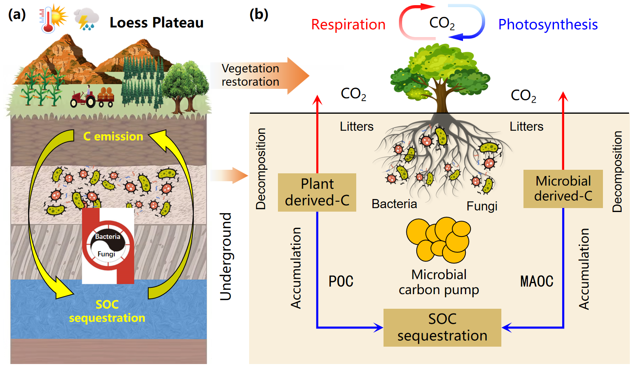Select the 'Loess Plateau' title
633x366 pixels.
coord(157,23)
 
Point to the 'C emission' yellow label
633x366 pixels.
coord(113,136)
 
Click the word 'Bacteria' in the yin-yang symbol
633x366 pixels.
coord(108,236)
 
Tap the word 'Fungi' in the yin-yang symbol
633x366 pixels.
coord(106,254)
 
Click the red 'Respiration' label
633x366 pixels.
coord(348,24)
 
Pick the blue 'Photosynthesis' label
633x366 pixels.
coord(548,24)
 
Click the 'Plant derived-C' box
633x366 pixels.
coord(317,192)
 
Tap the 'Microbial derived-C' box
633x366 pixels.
coord(563,189)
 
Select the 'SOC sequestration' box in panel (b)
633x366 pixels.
coord(442,327)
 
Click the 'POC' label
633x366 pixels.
coord(341,281)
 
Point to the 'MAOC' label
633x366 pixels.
coord(537,281)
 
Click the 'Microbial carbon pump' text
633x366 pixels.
coord(439,282)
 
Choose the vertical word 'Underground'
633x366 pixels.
coord(226,257)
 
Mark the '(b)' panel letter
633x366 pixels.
coord(259,14)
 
